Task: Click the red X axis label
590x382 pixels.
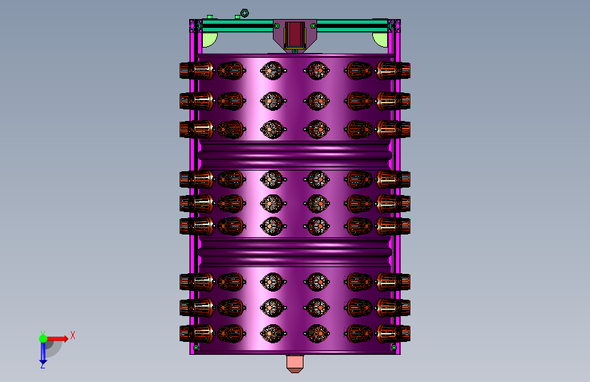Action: (73, 335)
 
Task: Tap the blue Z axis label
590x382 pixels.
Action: (43, 365)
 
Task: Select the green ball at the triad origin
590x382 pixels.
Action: (44, 338)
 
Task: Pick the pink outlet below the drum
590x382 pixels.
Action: (295, 364)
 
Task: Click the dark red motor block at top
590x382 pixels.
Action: (295, 35)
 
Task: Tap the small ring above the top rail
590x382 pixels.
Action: (244, 13)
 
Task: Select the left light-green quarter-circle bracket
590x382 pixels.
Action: (209, 39)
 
